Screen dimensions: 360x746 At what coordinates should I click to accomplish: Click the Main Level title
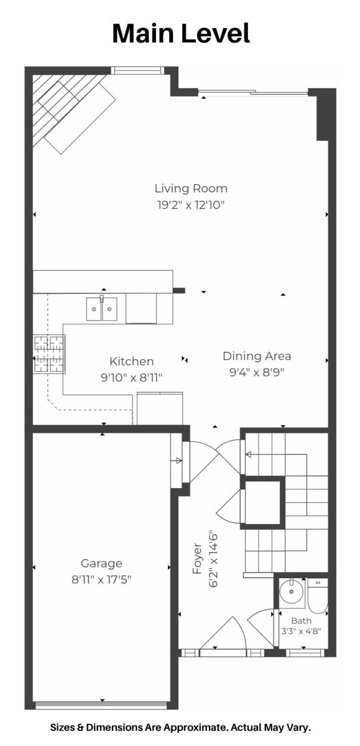[x=181, y=34]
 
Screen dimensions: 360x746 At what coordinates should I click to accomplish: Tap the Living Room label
[x=191, y=188]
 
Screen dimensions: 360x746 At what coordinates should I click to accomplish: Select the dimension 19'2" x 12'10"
[x=191, y=205]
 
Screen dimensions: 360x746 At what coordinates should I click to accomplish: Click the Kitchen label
[x=132, y=361]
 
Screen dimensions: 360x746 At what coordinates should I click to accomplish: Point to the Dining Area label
[x=257, y=356]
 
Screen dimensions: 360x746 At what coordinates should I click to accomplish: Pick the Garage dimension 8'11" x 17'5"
[x=101, y=580]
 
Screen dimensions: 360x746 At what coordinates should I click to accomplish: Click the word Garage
[x=101, y=563]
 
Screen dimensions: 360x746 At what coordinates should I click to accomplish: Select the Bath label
[x=302, y=621]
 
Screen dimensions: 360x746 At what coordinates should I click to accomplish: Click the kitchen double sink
[x=101, y=309]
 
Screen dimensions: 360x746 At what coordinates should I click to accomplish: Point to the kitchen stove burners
[x=49, y=354]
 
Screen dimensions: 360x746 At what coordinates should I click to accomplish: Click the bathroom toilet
[x=317, y=596]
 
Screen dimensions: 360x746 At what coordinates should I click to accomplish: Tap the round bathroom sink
[x=292, y=592]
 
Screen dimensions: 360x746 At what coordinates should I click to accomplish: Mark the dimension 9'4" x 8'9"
[x=257, y=372]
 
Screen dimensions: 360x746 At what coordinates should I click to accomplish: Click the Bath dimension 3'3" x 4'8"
[x=302, y=631]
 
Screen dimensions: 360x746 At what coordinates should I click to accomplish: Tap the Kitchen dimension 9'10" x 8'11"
[x=132, y=378]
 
